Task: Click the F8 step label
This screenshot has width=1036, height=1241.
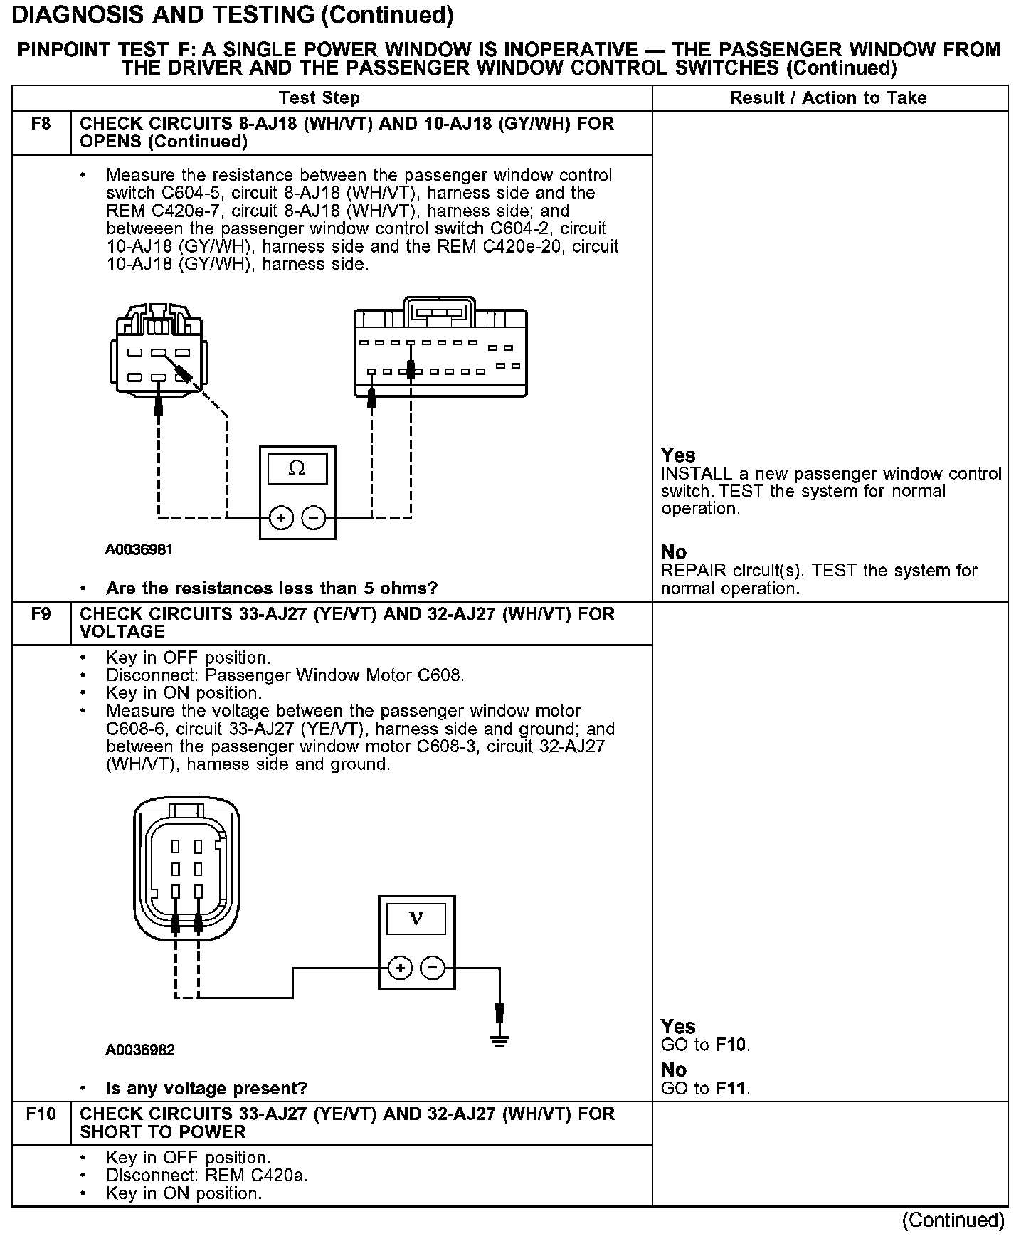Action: [41, 125]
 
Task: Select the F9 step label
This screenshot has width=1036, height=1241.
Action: [41, 614]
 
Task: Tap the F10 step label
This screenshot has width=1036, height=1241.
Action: [41, 1114]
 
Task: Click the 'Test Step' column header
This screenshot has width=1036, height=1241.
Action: [319, 98]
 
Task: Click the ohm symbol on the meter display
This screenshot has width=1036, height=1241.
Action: [297, 468]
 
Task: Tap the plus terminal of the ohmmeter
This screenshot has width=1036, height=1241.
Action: [282, 517]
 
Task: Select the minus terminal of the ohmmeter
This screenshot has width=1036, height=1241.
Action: [313, 517]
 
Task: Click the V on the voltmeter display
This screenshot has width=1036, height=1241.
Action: [416, 919]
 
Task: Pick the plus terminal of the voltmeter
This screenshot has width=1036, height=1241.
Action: [401, 968]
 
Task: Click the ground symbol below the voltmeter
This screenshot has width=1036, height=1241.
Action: [500, 1041]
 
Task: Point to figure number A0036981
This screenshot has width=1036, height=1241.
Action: [139, 550]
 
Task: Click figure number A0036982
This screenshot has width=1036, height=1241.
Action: [140, 1050]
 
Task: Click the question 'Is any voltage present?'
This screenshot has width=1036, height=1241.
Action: [206, 1089]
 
